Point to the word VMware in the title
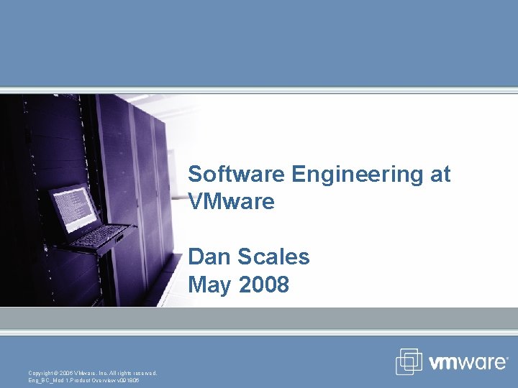tap(231, 202)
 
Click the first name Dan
tap(209, 257)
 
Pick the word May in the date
tap(210, 285)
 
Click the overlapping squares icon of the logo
tap(409, 361)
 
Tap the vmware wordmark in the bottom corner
tap(468, 362)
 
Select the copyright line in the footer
tap(92, 372)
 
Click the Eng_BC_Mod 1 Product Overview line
tap(83, 380)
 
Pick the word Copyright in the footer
tap(42, 372)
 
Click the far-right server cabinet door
tap(164, 187)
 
